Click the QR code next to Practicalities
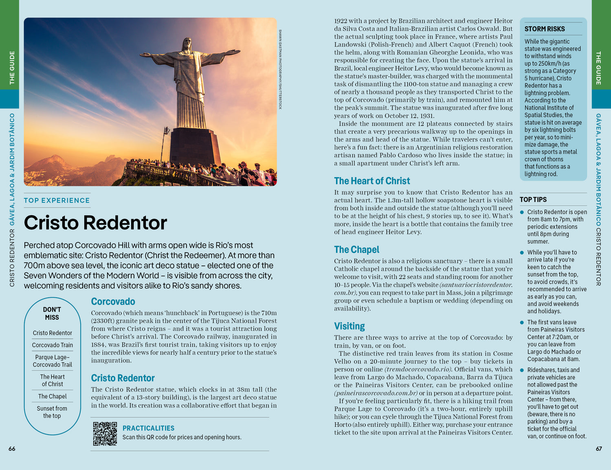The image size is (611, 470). pyautogui.click(x=105, y=434)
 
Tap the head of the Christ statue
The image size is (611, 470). pyautogui.click(x=187, y=44)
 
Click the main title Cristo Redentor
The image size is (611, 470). pyautogui.click(x=95, y=223)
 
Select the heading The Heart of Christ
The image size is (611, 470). pyautogui.click(x=372, y=181)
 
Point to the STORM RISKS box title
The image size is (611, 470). pyautogui.click(x=545, y=29)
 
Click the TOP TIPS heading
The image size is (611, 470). pyautogui.click(x=533, y=200)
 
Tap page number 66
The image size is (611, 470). pyautogui.click(x=12, y=449)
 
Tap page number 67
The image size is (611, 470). pyautogui.click(x=599, y=449)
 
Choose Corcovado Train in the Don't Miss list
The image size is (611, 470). pyautogui.click(x=53, y=345)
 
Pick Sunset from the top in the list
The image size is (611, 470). pyautogui.click(x=52, y=412)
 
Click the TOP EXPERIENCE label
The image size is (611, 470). pyautogui.click(x=57, y=200)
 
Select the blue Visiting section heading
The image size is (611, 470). pyautogui.click(x=349, y=326)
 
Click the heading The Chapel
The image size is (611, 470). pyautogui.click(x=356, y=250)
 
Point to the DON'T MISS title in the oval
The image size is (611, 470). pyautogui.click(x=52, y=314)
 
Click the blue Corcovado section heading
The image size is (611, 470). pyautogui.click(x=113, y=301)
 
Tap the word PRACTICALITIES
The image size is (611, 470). pyautogui.click(x=148, y=428)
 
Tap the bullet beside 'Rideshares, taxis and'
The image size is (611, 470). pyautogui.click(x=522, y=370)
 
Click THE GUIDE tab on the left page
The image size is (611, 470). pyautogui.click(x=12, y=67)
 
